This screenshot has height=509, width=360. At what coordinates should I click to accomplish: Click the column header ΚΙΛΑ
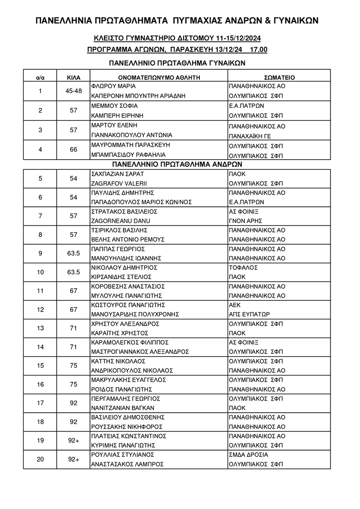pyautogui.click(x=73, y=77)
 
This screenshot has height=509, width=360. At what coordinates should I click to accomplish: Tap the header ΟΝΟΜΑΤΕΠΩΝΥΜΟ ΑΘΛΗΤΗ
pyautogui.click(x=159, y=77)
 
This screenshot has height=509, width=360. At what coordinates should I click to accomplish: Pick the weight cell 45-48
pyautogui.click(x=73, y=91)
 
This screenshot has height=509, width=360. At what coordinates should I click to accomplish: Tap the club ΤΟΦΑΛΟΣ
pyautogui.click(x=243, y=267)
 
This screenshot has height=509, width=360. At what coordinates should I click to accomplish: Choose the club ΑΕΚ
pyautogui.click(x=235, y=304)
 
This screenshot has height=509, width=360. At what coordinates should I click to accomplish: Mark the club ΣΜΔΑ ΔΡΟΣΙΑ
pyautogui.click(x=249, y=455)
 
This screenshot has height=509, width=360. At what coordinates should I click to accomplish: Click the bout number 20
pyautogui.click(x=40, y=459)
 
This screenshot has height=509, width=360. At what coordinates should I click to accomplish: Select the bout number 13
pyautogui.click(x=40, y=328)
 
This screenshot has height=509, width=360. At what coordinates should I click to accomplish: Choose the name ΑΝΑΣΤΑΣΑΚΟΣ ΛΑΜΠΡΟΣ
pyautogui.click(x=127, y=464)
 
